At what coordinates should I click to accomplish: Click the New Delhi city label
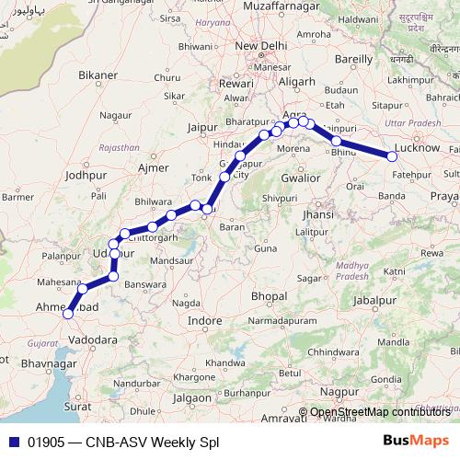[260, 45]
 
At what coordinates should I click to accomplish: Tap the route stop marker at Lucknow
[393, 157]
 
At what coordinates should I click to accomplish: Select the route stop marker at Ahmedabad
[67, 314]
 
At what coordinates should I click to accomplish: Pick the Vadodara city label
[94, 339]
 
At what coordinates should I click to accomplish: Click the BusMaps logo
[415, 441]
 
